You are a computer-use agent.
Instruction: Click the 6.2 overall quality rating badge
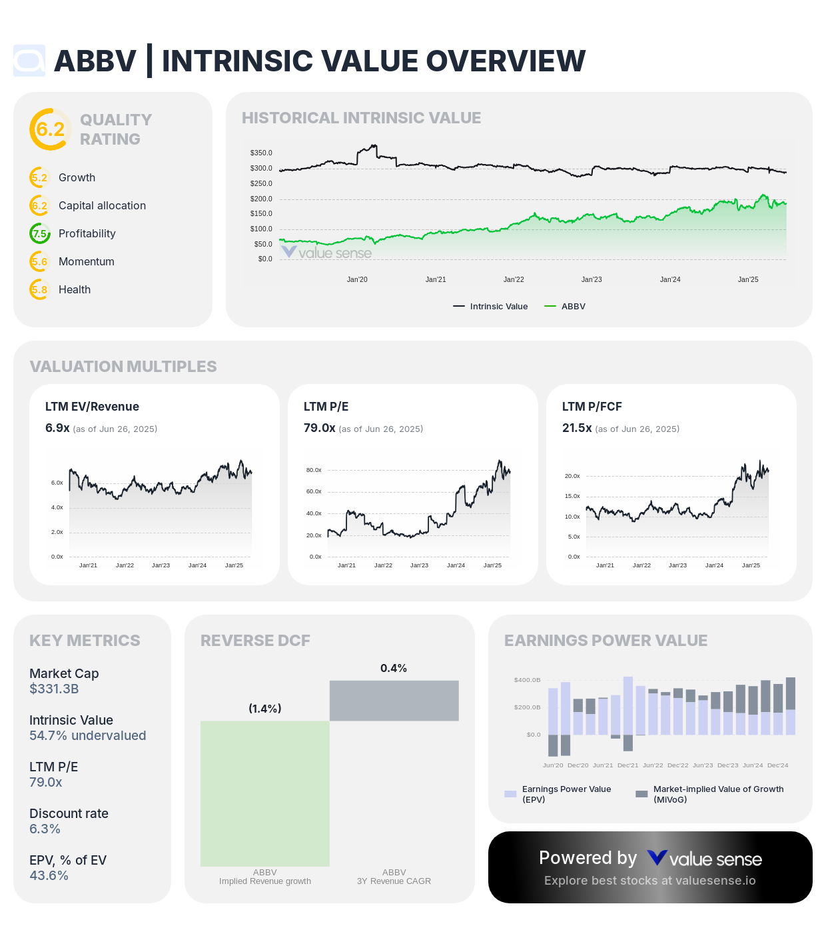point(50,129)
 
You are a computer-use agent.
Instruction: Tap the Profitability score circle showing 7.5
point(40,234)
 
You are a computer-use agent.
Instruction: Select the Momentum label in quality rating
point(87,262)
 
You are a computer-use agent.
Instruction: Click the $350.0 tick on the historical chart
point(261,153)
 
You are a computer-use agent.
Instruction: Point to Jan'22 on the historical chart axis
point(514,280)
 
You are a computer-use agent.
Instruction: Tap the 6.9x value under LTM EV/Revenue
point(57,428)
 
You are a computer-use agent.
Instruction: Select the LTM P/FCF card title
point(592,407)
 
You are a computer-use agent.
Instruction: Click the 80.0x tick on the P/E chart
point(314,471)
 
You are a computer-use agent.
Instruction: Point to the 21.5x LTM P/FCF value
point(577,428)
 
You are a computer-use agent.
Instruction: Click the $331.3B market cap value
point(54,689)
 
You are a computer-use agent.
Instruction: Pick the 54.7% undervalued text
point(87,736)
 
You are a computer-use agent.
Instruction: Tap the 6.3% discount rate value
point(45,829)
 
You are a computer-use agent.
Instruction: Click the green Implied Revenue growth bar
point(265,793)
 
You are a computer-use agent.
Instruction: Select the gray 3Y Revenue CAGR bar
point(394,701)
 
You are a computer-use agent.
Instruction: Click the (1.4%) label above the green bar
point(265,709)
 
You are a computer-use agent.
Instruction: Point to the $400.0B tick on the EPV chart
point(527,680)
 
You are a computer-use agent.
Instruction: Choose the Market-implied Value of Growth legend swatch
point(641,794)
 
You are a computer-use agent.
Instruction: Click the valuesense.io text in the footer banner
point(715,881)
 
